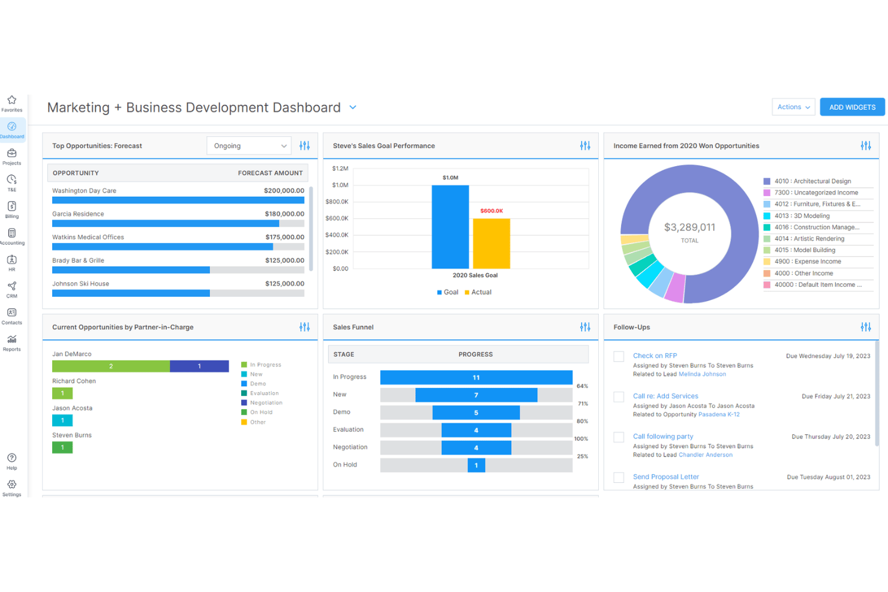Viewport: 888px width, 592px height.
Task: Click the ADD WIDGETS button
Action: (852, 107)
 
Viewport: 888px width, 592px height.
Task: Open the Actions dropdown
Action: (793, 107)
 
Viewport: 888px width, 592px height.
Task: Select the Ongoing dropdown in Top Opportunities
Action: (249, 146)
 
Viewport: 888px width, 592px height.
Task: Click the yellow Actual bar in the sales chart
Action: (491, 244)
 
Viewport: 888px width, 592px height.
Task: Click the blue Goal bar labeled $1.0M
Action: (451, 227)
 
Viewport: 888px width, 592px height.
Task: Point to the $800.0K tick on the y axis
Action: (337, 202)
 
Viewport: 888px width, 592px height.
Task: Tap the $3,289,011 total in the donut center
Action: (690, 227)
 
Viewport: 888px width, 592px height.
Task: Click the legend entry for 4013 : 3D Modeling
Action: (802, 215)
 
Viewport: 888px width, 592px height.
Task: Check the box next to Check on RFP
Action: (619, 356)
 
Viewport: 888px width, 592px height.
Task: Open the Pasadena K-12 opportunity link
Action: (719, 414)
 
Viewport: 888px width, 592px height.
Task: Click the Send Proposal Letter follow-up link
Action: (666, 477)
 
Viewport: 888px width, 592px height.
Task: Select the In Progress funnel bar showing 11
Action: (476, 377)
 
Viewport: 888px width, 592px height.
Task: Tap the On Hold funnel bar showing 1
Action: (476, 465)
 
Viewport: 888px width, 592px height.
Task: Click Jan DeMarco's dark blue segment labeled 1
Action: (199, 366)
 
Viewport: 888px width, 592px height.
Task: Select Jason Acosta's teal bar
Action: (62, 420)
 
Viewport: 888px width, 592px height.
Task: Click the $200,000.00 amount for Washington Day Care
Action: (284, 191)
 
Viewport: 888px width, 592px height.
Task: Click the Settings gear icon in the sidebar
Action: (12, 484)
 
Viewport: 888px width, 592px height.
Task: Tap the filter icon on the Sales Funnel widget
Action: (585, 327)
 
